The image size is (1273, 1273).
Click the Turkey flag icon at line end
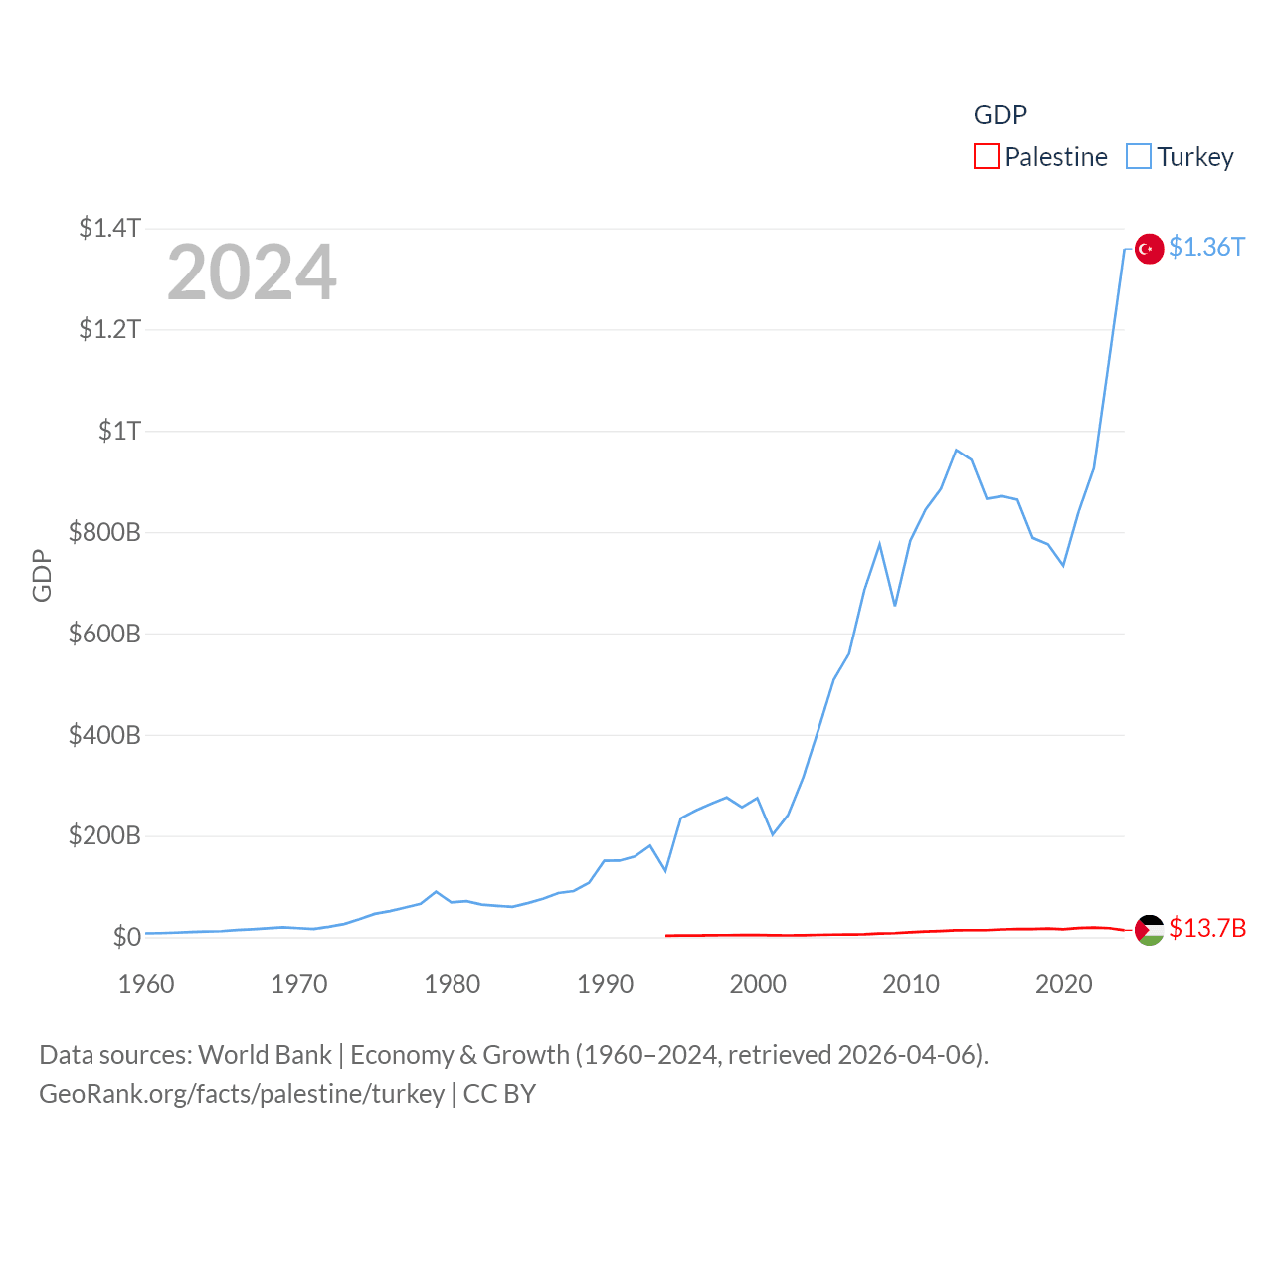coord(1149,248)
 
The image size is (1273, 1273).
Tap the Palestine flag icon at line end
coord(1149,929)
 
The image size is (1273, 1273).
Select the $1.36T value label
coord(1206,247)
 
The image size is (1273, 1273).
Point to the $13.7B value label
coord(1206,928)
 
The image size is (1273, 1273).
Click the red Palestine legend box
coord(986,157)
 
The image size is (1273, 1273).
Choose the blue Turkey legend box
coord(1138,157)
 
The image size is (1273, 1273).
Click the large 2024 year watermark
coord(252,272)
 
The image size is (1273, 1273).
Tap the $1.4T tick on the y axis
coord(109,228)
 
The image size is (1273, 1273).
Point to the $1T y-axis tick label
coord(119,431)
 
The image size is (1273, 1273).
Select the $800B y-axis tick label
coord(104,532)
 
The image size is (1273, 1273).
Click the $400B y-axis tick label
coord(104,735)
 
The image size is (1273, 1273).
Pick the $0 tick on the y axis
coord(126,937)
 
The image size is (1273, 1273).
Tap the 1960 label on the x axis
coord(146,984)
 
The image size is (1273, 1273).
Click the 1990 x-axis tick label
coord(605,984)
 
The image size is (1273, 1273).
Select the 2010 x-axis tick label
coord(911,984)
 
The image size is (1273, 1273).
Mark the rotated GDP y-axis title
coord(42,575)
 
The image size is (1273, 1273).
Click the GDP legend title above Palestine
coord(1000,115)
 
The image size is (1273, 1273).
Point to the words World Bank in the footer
coord(265,1054)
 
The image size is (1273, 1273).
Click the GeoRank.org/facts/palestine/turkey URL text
coord(242,1094)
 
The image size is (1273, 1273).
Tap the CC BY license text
coord(499,1094)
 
